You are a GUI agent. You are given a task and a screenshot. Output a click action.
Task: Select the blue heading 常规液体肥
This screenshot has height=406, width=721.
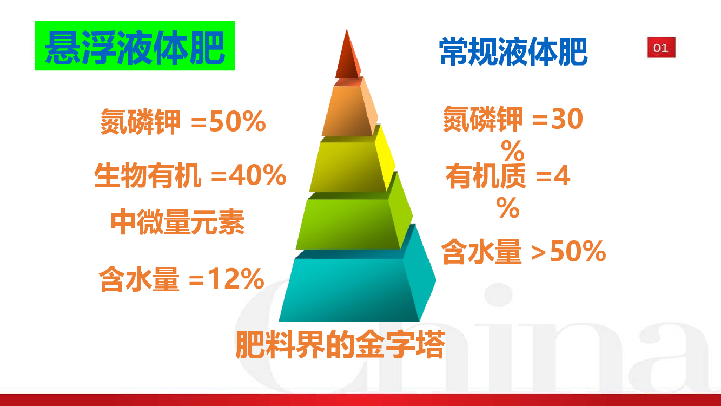point(513,51)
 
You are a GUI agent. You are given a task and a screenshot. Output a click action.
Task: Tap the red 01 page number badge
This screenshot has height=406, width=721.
point(661,48)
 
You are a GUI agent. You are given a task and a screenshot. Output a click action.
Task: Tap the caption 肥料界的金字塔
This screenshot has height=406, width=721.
point(340,344)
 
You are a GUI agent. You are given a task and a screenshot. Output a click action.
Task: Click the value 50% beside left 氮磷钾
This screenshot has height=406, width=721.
point(237,121)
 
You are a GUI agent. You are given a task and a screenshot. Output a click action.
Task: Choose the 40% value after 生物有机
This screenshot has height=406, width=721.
point(257,175)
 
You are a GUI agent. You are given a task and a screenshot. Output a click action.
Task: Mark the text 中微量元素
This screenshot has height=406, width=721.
point(177,222)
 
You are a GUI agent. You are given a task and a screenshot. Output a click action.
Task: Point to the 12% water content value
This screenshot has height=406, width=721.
point(236,278)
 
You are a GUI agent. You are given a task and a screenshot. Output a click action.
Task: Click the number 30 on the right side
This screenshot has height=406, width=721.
point(567,119)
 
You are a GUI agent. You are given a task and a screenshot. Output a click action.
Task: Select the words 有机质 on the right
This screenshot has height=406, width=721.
point(486,176)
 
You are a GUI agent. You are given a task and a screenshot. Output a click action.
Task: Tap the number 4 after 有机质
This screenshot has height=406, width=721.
point(562,175)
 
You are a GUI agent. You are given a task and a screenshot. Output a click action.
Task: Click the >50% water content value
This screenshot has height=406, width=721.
point(568,251)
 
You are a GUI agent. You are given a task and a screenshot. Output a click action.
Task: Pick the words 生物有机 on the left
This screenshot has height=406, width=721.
point(148,175)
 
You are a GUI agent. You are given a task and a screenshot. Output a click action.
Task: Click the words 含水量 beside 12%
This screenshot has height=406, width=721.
point(138,279)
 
